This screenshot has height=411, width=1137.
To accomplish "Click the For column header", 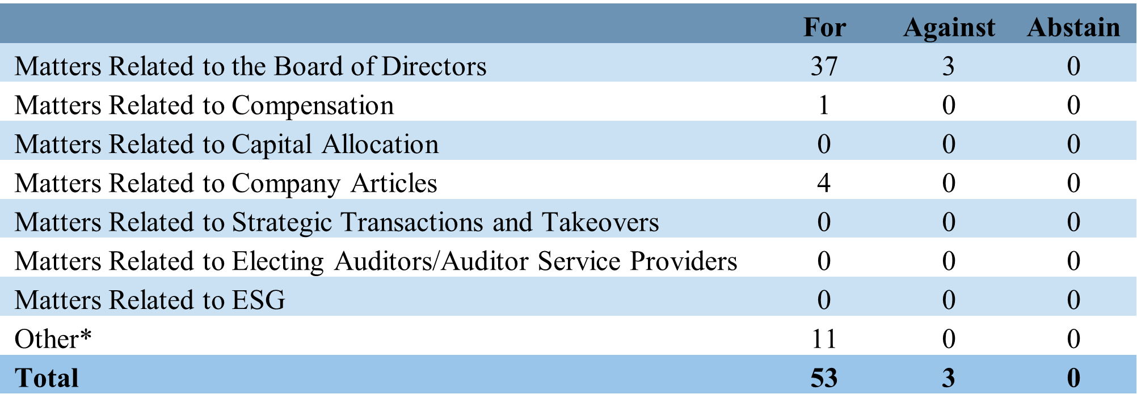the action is pos(824,27).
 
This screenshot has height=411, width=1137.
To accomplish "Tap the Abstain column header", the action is pos(1073,27).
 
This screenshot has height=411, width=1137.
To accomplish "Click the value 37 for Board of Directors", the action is pos(824,66).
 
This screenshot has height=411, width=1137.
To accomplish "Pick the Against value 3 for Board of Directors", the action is pos(949,66).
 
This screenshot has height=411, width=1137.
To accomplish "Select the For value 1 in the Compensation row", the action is pos(824,105).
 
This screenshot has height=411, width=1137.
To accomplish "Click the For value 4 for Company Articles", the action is pos(824,183).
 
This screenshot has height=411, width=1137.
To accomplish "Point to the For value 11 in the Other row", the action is pos(824,339).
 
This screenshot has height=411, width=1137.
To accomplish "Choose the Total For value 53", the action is pos(824,378).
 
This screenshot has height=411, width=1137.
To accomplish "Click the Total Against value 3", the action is pos(949,378).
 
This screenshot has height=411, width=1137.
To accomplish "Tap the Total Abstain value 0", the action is pos(1073,378).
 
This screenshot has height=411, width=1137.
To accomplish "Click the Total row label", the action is pos(47,378).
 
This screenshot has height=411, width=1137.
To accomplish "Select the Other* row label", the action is pos(53,339).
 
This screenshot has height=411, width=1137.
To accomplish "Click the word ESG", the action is pos(258,300).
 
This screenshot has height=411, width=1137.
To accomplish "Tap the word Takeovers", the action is pos(601,222).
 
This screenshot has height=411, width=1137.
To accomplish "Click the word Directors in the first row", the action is pos(434,66).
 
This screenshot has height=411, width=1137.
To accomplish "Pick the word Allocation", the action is pos(381,145).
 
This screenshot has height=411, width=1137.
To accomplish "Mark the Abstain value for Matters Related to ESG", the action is pos(1073,300).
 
